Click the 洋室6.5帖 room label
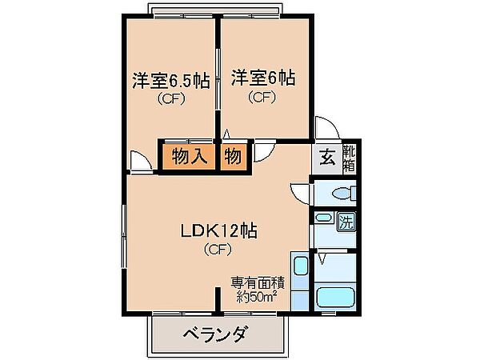click(x=170, y=80)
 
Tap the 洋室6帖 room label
click(x=263, y=78)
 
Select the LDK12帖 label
click(x=217, y=231)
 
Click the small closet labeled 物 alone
click(x=233, y=155)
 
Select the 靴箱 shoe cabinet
click(x=349, y=156)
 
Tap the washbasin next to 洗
click(x=324, y=218)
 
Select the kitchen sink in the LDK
click(x=300, y=269)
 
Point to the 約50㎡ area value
click(x=256, y=296)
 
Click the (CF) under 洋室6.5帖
click(x=170, y=100)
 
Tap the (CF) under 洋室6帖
click(x=262, y=98)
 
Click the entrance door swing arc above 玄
click(x=326, y=128)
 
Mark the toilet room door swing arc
click(x=299, y=193)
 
